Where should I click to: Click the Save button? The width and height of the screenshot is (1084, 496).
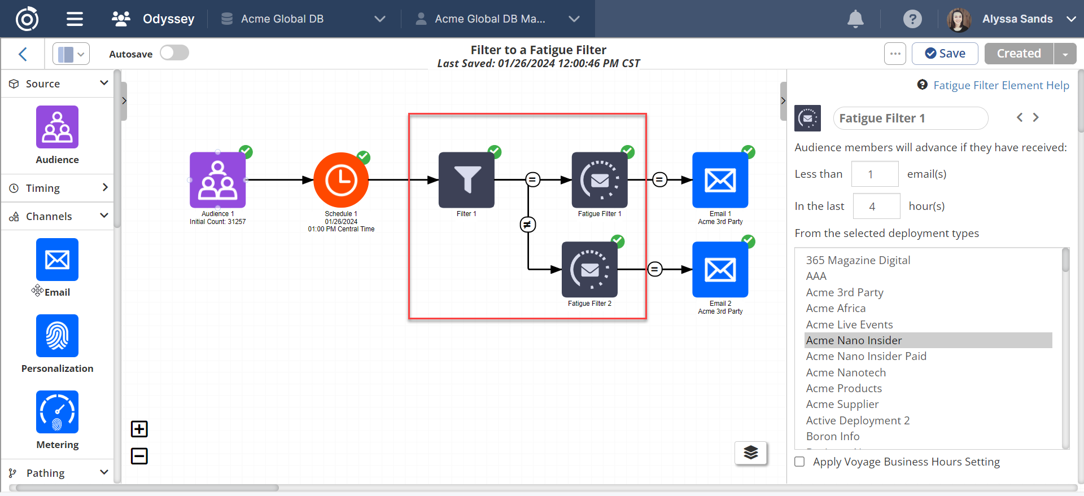click(945, 54)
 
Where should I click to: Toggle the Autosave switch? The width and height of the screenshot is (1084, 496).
click(174, 53)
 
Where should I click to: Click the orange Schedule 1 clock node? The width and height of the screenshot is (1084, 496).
click(341, 181)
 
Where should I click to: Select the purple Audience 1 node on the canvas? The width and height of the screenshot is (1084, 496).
click(217, 180)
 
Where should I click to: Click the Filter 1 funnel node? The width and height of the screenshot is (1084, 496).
click(466, 180)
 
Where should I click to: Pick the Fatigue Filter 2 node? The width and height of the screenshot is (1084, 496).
click(589, 270)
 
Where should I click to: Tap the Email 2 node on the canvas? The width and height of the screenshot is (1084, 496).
click(720, 270)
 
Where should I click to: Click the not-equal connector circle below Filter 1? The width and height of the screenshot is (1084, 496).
click(528, 225)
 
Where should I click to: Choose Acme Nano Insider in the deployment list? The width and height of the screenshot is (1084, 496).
click(854, 340)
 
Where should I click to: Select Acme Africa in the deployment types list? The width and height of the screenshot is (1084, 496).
click(836, 308)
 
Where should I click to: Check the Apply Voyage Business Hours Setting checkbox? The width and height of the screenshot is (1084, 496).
click(799, 462)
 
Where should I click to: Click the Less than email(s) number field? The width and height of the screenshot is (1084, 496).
click(875, 174)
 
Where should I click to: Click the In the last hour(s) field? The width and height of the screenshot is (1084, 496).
click(876, 207)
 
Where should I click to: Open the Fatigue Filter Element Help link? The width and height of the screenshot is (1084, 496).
click(1000, 85)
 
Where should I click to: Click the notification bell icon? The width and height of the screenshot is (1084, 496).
click(855, 19)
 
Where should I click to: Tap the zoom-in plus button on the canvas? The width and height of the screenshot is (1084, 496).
click(139, 429)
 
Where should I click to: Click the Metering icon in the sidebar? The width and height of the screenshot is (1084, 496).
click(57, 412)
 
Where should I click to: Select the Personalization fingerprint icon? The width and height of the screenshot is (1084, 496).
click(57, 336)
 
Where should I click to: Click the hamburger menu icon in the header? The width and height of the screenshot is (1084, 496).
click(75, 19)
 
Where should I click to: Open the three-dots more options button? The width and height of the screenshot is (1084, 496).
click(895, 54)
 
